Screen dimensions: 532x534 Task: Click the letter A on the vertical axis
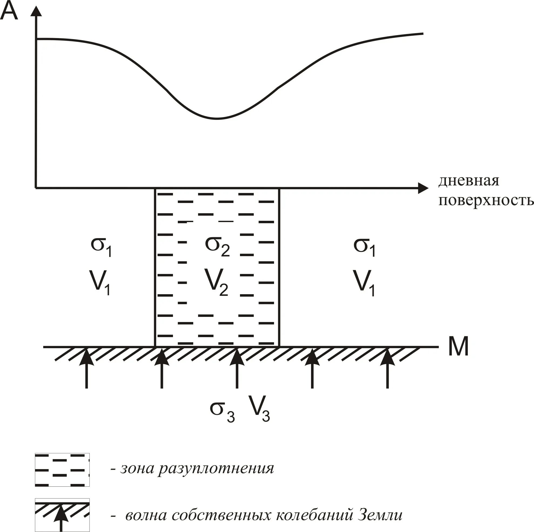[9, 11]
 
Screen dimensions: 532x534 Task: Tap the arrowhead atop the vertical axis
[36, 12]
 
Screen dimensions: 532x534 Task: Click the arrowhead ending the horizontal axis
[423, 188]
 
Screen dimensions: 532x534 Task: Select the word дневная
[469, 181]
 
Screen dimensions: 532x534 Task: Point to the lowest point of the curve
[217, 119]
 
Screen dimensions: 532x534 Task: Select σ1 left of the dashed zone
[101, 246]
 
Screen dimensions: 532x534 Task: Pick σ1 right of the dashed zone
[365, 246]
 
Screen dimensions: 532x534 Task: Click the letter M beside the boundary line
[458, 347]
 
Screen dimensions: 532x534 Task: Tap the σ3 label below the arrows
[222, 411]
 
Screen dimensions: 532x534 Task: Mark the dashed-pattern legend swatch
[62, 470]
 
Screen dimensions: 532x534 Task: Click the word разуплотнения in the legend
[216, 469]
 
